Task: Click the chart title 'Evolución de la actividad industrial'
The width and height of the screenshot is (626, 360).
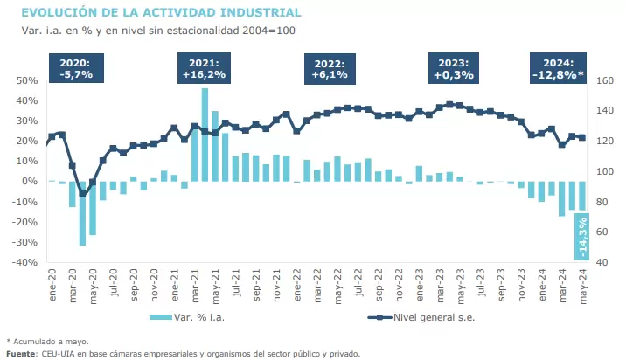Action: click(161, 13)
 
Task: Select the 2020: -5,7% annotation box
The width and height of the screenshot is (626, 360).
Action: click(77, 69)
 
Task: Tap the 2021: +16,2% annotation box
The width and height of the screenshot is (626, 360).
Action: click(204, 69)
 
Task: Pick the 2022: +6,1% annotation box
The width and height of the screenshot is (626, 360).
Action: click(330, 69)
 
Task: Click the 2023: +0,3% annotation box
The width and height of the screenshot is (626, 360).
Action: click(453, 69)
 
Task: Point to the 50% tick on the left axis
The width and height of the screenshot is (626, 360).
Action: click(27, 80)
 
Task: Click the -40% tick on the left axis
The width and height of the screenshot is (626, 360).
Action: click(25, 262)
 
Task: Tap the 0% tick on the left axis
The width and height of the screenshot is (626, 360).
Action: click(30, 181)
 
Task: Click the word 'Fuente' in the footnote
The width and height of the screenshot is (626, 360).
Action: click(20, 353)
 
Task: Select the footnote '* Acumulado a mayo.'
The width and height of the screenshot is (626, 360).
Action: click(47, 341)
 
